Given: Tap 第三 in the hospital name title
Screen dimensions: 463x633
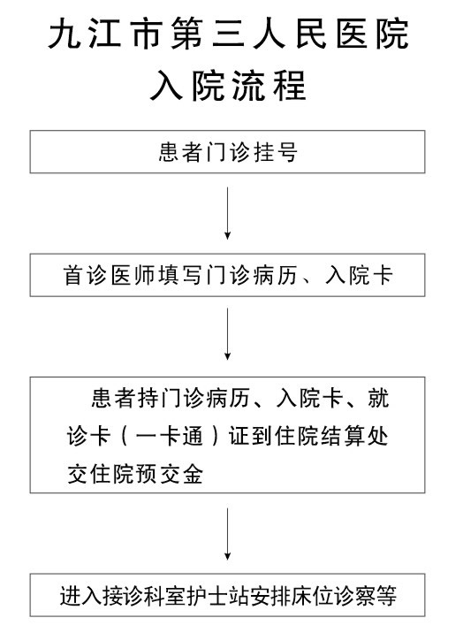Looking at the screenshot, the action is click(208, 34).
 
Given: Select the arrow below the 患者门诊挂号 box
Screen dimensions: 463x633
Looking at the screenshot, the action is click(227, 213).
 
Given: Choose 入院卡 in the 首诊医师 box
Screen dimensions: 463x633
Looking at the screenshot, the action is click(359, 275).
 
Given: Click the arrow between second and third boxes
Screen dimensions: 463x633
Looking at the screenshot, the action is click(227, 334).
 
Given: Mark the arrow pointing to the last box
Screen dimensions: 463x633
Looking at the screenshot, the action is click(227, 534).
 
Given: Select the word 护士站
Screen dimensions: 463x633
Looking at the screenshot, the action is click(218, 596).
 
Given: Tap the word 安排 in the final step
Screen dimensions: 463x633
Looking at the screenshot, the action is click(270, 596).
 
